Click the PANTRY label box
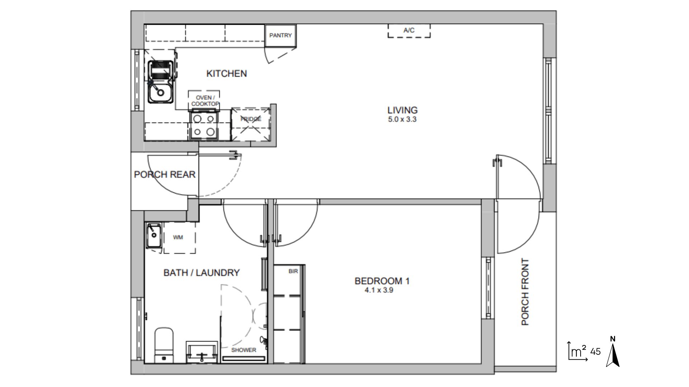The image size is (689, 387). tap(281, 35)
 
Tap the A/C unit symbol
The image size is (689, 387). tap(409, 31)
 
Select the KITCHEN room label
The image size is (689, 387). tap(226, 73)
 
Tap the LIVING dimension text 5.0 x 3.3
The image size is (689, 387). tap(402, 119)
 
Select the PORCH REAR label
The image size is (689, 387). tap(165, 175)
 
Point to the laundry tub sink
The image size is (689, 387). tap(154, 235)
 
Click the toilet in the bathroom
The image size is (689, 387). tap(164, 345)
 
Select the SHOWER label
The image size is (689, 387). tap(244, 350)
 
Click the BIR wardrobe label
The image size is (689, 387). tap(293, 271)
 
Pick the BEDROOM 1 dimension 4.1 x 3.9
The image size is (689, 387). tap(379, 290)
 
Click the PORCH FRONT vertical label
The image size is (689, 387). tap(525, 292)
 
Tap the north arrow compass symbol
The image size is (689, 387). tap(613, 352)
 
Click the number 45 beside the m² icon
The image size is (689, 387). tap(595, 352)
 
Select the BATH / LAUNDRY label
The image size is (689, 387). tap(201, 273)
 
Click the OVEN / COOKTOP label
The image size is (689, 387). tap(205, 101)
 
